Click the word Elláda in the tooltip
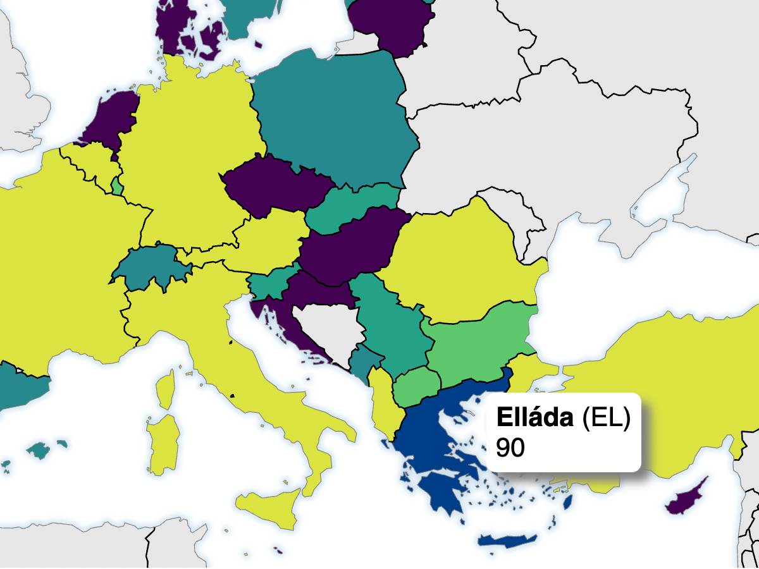click(535, 418)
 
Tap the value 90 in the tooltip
click(510, 448)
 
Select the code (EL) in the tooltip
click(605, 418)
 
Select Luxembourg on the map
click(117, 186)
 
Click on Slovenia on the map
click(269, 284)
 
